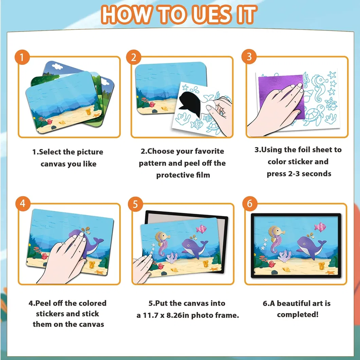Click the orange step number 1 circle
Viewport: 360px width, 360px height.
(x=22, y=57)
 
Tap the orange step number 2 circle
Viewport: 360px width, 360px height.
(x=133, y=57)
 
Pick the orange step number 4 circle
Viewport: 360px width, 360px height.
(x=23, y=203)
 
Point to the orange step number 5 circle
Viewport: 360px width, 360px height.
(x=136, y=204)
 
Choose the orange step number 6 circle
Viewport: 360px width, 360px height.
(x=250, y=204)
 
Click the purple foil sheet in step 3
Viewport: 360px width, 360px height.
(x=281, y=96)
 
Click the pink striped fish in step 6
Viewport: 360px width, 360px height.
(x=320, y=227)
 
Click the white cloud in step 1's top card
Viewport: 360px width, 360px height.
(x=57, y=66)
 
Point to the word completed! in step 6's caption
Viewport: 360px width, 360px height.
(x=298, y=314)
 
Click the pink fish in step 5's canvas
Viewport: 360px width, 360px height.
(x=201, y=229)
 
